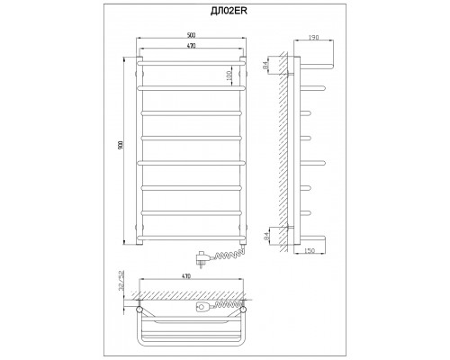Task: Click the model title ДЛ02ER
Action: pyautogui.click(x=229, y=12)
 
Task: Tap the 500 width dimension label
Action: pyautogui.click(x=191, y=35)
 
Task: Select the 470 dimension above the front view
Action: pyautogui.click(x=192, y=46)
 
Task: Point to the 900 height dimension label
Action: pyautogui.click(x=121, y=145)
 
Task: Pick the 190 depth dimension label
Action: pyautogui.click(x=313, y=38)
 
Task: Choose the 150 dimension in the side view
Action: pyautogui.click(x=310, y=250)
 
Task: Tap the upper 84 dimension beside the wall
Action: pyautogui.click(x=265, y=66)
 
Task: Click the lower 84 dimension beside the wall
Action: pyautogui.click(x=265, y=236)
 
